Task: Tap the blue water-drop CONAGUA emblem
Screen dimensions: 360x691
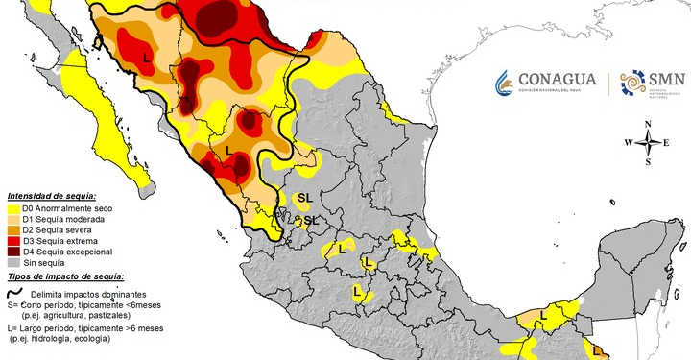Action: (x=506, y=84)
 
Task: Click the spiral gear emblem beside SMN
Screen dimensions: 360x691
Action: (x=632, y=84)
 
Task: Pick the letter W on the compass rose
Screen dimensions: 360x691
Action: (x=629, y=143)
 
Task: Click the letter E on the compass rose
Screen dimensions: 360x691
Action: (x=669, y=143)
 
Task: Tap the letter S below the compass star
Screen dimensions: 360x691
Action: (x=650, y=162)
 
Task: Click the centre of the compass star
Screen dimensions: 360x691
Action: (x=650, y=143)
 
